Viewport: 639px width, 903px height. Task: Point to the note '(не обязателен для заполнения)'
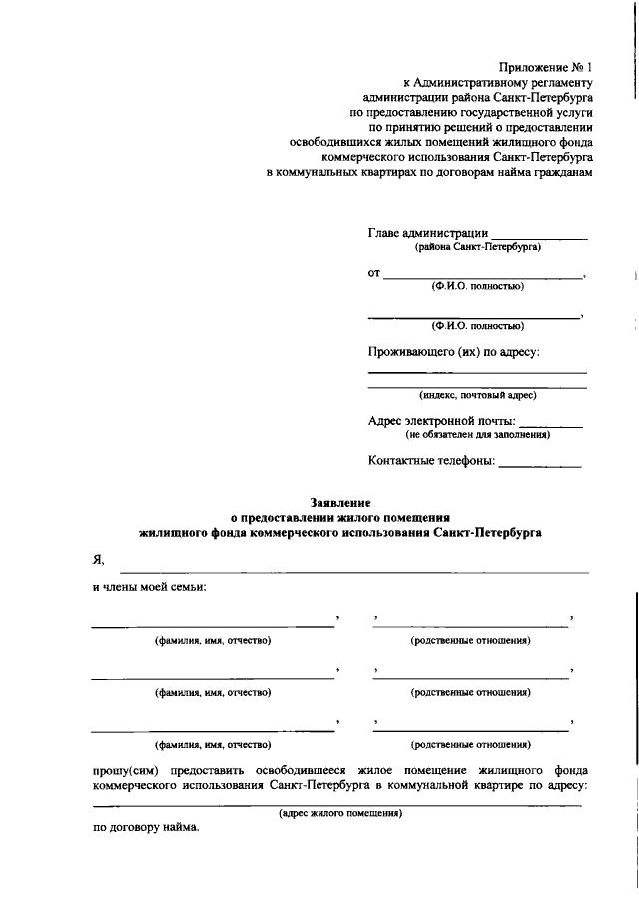coord(477,434)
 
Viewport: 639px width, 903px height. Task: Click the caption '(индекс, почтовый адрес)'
coord(477,395)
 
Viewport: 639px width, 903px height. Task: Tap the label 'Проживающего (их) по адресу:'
coord(454,352)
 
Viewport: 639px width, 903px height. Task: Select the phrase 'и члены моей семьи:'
coord(150,587)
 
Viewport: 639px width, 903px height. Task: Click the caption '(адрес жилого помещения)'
coord(339,813)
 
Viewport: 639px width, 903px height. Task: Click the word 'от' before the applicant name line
coord(375,272)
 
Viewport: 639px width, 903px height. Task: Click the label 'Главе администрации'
coord(427,232)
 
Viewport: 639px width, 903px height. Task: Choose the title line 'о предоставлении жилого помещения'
coord(340,519)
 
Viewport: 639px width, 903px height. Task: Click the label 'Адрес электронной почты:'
coord(442,421)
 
